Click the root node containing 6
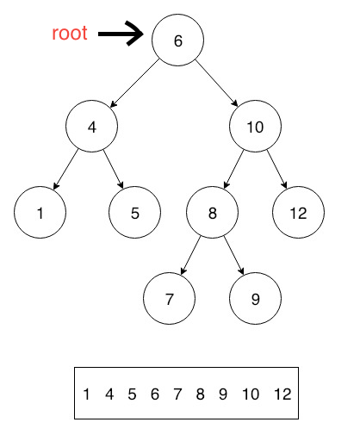[177, 40]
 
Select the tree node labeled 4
[91, 127]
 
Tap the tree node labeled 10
[255, 127]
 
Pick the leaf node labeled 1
[40, 212]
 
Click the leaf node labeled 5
[134, 212]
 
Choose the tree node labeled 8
[212, 212]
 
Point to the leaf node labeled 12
[298, 212]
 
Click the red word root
[69, 34]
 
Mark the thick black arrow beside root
[121, 34]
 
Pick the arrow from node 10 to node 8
[235, 169]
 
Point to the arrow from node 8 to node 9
[233, 255]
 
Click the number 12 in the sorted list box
[282, 395]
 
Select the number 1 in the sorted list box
[87, 395]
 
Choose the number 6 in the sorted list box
[154, 395]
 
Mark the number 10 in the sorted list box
[251, 395]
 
